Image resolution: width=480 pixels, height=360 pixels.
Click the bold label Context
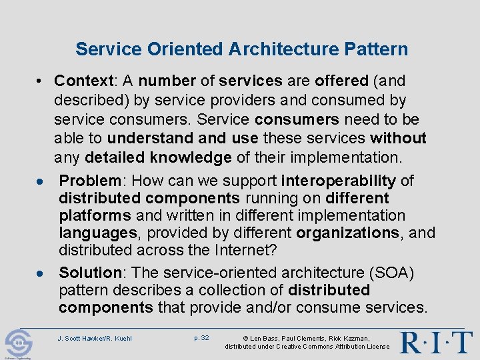(85, 81)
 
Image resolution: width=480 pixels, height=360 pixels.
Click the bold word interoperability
(339, 181)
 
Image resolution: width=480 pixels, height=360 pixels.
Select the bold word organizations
(347, 233)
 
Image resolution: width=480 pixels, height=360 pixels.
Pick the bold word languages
(100, 233)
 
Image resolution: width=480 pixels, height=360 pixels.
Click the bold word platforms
(95, 216)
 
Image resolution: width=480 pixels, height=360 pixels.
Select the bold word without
(398, 138)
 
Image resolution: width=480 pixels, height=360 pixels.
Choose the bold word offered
(341, 81)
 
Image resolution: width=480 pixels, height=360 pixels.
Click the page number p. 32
(201, 338)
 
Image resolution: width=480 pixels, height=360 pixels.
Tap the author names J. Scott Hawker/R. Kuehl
(95, 339)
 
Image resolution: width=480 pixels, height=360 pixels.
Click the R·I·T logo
(437, 342)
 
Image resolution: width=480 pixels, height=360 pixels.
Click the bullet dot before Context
(41, 82)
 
